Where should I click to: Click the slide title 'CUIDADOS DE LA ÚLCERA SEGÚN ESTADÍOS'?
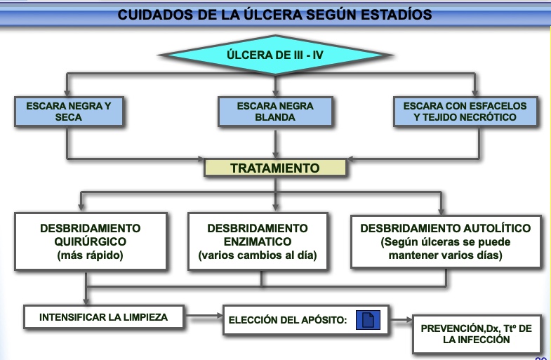coord(274,14)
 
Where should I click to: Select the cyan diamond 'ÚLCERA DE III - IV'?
coord(275,55)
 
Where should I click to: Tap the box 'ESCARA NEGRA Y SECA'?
coord(68,112)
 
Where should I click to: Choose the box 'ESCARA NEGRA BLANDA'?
coord(275,112)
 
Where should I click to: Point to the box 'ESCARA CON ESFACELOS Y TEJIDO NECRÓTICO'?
coord(474,112)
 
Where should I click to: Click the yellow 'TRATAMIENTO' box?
coord(274,168)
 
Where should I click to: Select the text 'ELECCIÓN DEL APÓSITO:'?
coord(288,321)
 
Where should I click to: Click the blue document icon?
coord(369,321)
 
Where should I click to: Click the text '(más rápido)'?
coord(91,255)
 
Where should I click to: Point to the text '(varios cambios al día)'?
coord(258,255)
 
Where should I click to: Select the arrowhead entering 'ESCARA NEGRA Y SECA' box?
coord(67,93)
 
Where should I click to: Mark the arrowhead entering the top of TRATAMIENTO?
coord(275,156)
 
